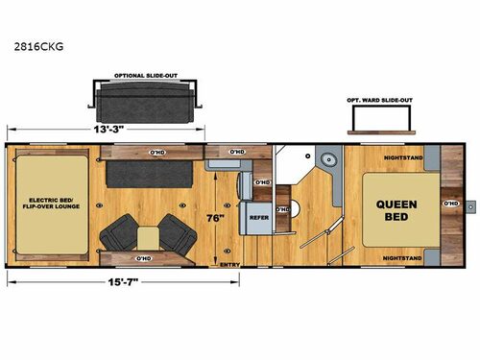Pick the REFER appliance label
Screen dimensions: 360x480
pos(258,218)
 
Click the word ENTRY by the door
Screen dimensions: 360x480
pos(230,264)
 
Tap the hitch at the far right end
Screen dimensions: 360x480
pos(470,204)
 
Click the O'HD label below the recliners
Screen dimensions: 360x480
pos(146,258)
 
